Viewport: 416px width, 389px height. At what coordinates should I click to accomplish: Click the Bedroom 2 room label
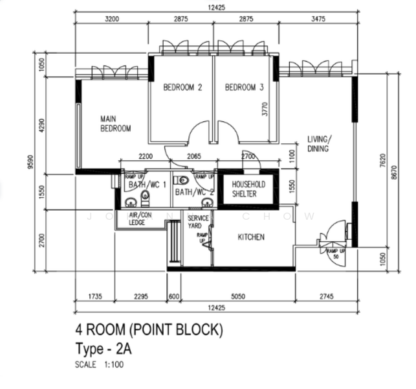[x=183, y=88]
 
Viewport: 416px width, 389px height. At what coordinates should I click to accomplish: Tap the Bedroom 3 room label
[x=245, y=88]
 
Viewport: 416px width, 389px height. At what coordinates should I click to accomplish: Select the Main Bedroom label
[x=115, y=124]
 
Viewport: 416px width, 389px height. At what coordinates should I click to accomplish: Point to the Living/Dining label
[x=318, y=143]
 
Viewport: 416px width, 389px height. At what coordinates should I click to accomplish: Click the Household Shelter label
[x=248, y=189]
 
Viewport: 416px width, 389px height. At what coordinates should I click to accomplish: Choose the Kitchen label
[x=251, y=237]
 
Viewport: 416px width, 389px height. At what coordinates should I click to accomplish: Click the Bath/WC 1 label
[x=143, y=185]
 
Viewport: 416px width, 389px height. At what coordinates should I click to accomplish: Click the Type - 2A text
[x=104, y=348]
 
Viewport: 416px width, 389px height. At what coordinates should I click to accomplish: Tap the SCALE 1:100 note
[x=99, y=365]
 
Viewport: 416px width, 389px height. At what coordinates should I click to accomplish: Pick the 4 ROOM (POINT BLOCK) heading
[x=149, y=330]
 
